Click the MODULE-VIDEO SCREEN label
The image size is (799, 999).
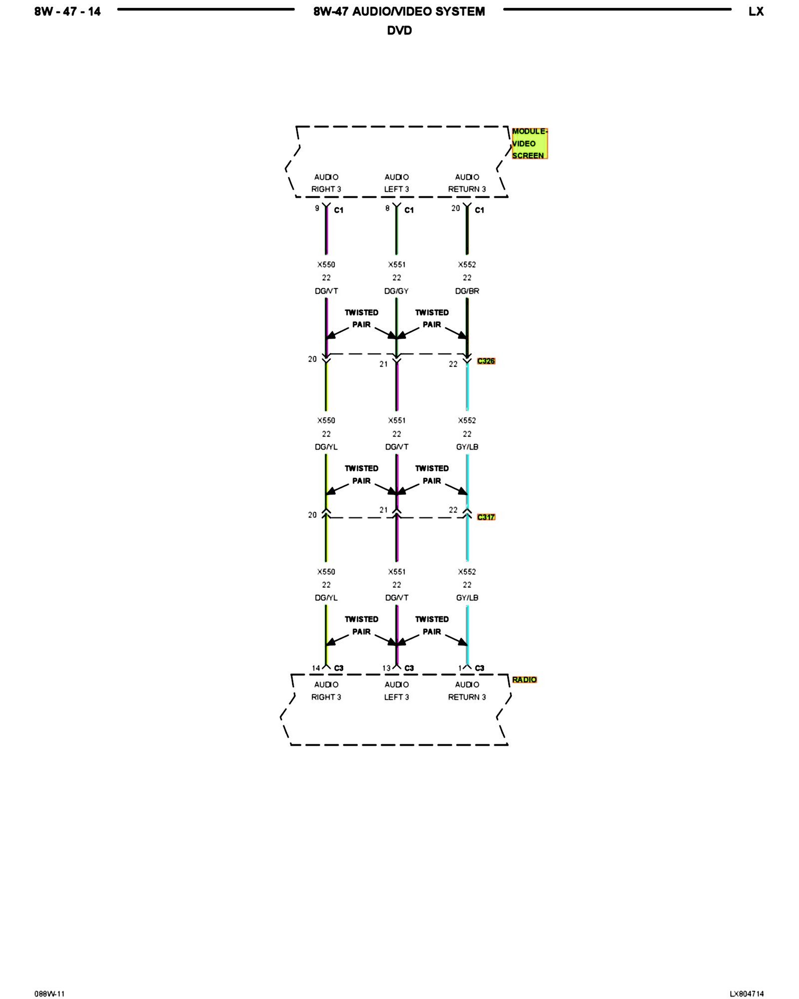click(529, 143)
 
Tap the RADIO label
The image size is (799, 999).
click(524, 679)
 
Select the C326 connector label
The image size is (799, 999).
click(485, 361)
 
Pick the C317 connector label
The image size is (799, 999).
click(485, 517)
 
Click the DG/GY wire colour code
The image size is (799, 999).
click(396, 291)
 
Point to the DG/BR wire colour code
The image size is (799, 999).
click(467, 291)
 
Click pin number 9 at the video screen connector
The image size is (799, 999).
click(317, 208)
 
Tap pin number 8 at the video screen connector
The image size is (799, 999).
click(387, 208)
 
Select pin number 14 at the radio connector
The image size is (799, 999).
click(316, 668)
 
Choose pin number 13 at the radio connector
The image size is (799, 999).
click(386, 668)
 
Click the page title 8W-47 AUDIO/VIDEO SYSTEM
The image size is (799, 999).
click(399, 11)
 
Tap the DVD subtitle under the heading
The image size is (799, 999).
click(399, 30)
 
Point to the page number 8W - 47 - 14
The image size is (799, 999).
click(67, 11)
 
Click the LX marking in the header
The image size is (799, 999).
click(756, 11)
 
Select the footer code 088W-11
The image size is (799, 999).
click(49, 994)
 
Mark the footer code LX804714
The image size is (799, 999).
click(746, 994)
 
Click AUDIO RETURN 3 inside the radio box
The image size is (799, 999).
click(467, 691)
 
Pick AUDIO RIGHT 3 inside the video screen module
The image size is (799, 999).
click(326, 183)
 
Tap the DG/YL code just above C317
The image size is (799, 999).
click(326, 447)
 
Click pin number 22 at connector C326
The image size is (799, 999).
click(453, 364)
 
